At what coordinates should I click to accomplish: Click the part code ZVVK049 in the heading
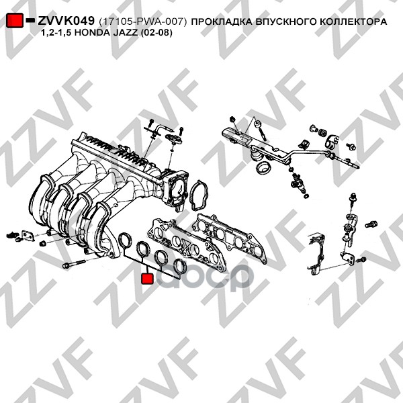(66, 21)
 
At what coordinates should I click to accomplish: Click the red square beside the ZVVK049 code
(15, 20)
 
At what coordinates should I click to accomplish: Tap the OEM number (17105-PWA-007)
(142, 22)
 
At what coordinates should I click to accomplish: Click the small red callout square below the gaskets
(147, 278)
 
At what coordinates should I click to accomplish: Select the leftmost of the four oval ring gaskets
(126, 240)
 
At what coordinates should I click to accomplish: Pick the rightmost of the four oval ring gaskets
(181, 267)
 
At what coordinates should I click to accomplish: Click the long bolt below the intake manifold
(74, 264)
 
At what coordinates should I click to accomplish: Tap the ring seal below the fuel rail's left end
(263, 168)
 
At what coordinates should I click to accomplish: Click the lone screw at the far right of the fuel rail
(351, 146)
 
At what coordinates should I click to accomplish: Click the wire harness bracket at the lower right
(316, 255)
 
